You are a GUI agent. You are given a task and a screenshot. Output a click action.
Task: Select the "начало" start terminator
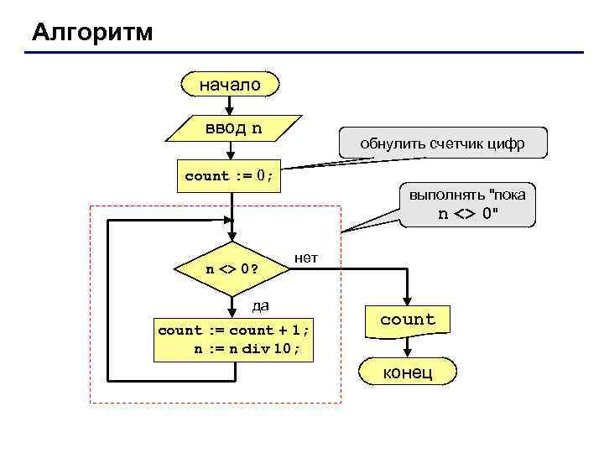click(x=230, y=85)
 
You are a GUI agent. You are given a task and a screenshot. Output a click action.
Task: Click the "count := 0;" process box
click(x=229, y=175)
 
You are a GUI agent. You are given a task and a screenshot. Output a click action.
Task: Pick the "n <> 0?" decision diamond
click(x=232, y=270)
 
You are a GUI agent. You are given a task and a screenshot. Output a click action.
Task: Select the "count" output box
click(x=408, y=320)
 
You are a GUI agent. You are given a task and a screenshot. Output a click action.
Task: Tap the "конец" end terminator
click(x=408, y=372)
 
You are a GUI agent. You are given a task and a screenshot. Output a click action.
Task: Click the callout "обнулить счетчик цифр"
click(x=442, y=143)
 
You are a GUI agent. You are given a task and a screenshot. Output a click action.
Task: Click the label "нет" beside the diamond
click(x=306, y=257)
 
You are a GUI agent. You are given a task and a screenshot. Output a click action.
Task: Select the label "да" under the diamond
click(x=261, y=305)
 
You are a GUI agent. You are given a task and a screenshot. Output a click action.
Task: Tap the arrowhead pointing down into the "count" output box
click(x=408, y=301)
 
